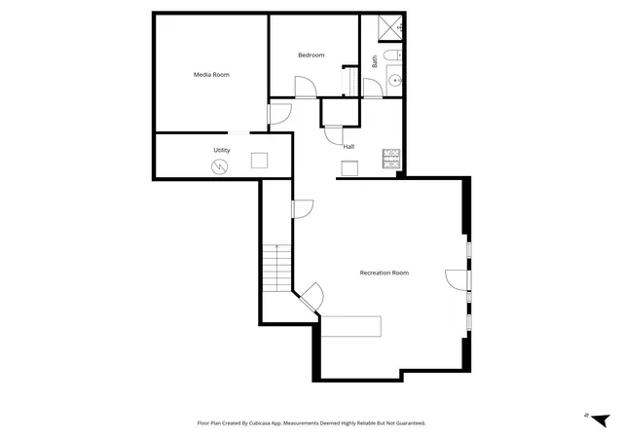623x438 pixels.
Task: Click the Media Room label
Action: click(x=211, y=75)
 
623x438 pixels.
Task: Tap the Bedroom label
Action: click(x=311, y=55)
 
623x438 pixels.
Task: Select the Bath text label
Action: click(x=375, y=61)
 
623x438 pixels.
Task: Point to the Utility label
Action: click(x=222, y=150)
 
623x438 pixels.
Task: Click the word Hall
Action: click(x=348, y=147)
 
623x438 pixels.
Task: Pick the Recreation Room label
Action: click(x=385, y=273)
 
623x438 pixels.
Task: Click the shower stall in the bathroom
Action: click(x=390, y=28)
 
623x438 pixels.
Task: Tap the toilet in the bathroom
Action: click(x=393, y=55)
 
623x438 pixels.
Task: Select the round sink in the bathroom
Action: click(x=395, y=81)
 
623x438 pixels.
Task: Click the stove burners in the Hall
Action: click(x=391, y=159)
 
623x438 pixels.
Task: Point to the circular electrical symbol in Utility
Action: click(x=219, y=166)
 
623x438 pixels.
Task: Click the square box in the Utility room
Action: click(x=260, y=161)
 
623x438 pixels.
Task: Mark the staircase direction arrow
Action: click(x=276, y=269)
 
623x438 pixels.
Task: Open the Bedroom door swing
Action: click(x=306, y=87)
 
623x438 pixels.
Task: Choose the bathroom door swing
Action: click(x=373, y=88)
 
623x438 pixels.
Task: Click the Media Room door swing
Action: click(x=280, y=114)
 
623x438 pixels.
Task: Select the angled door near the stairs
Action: click(x=311, y=297)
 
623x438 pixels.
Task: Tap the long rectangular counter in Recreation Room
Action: click(x=351, y=326)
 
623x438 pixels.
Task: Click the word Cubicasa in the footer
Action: click(x=260, y=423)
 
